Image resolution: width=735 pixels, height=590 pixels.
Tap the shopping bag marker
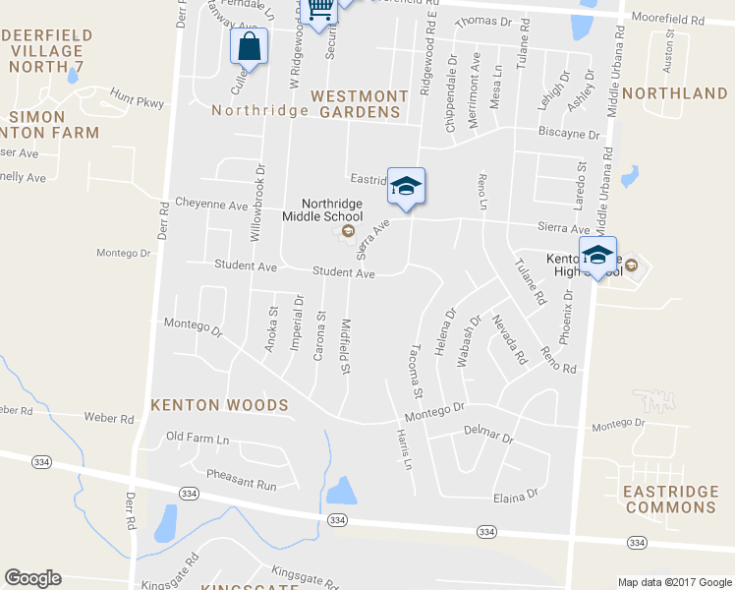click(x=249, y=46)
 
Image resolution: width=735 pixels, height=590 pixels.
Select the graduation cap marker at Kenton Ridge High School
click(x=596, y=255)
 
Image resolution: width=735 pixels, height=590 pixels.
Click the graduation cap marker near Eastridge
click(x=406, y=185)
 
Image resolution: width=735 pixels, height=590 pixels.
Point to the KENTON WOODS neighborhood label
click(x=219, y=404)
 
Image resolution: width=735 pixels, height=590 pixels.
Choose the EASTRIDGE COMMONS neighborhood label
click(x=671, y=499)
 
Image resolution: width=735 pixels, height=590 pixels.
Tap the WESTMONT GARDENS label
click(x=359, y=103)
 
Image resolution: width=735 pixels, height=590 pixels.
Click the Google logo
click(x=32, y=578)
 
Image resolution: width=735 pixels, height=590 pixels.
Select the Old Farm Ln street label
click(x=197, y=437)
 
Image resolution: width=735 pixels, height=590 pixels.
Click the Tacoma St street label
click(x=416, y=370)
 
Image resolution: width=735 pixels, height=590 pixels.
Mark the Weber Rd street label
click(x=108, y=418)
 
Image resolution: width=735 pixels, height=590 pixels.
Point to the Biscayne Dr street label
click(x=568, y=133)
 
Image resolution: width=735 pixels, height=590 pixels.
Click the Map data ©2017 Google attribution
click(x=675, y=582)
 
